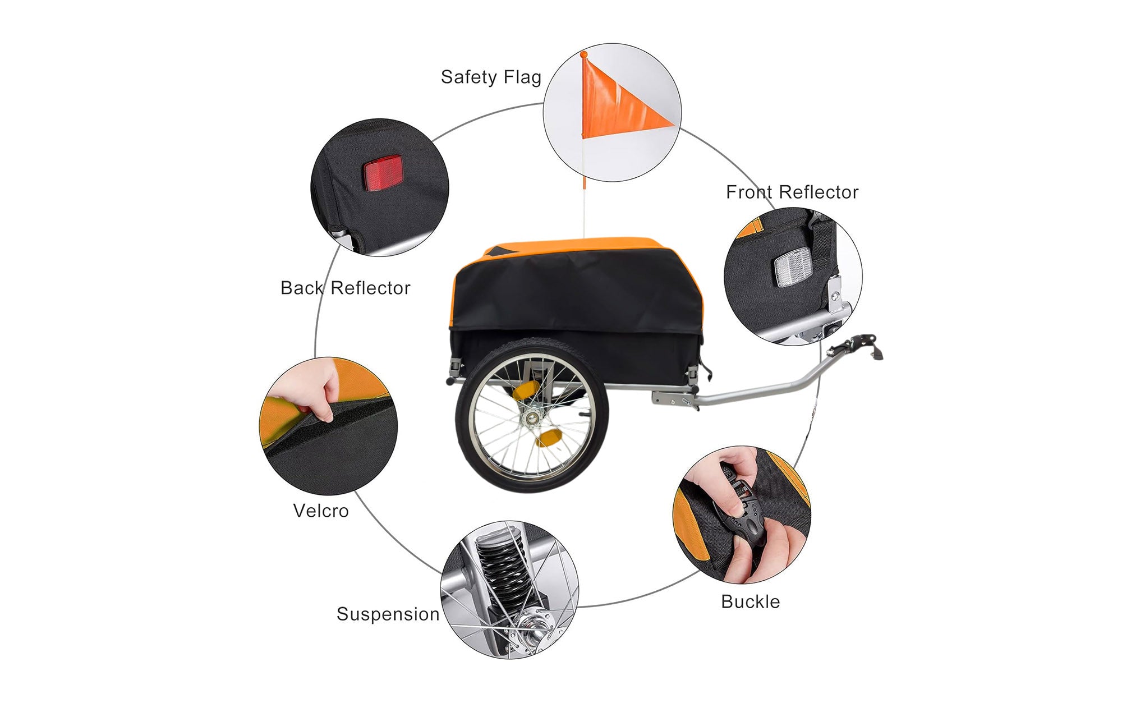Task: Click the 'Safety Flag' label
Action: coord(491,77)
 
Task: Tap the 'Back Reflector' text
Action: coord(345,288)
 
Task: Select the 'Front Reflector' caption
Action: coord(792,192)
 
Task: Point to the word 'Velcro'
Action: coord(320,511)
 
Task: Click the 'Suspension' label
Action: coord(388,614)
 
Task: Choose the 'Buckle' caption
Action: coord(750,602)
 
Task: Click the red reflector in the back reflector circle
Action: coord(383,173)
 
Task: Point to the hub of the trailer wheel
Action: coord(530,418)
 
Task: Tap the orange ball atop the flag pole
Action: coord(583,54)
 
